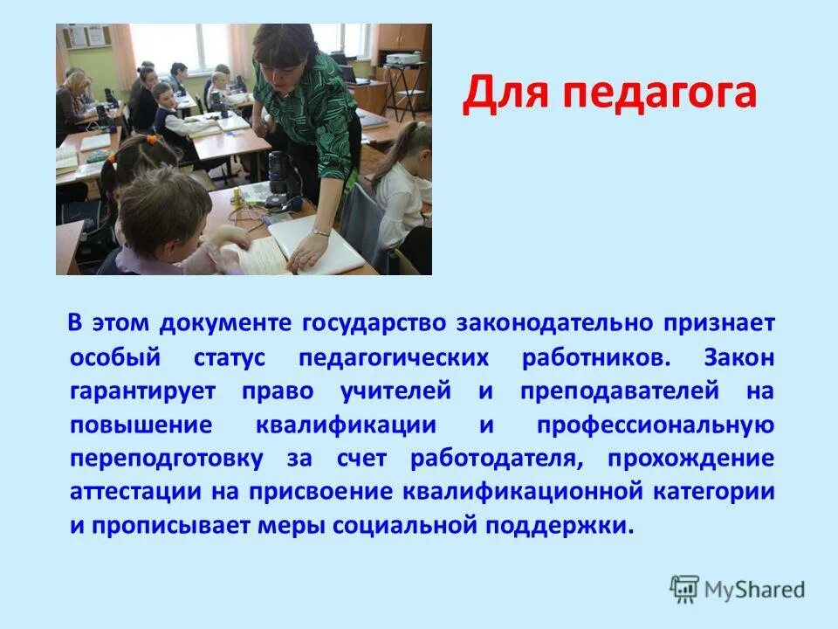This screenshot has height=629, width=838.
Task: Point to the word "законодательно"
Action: coord(560,322)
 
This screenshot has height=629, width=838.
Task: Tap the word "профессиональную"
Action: coord(655,425)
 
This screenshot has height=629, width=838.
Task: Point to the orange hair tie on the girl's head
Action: coord(150,138)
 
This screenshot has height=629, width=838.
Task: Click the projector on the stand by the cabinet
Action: coord(402,59)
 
